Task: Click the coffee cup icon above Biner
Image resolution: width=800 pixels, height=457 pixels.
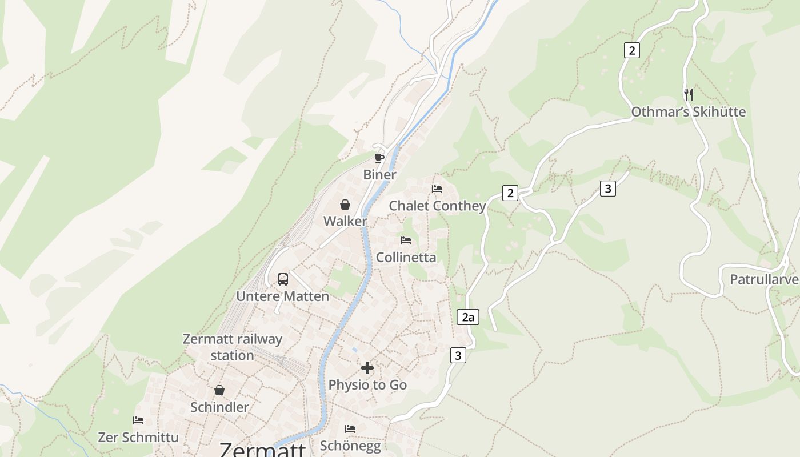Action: pyautogui.click(x=379, y=157)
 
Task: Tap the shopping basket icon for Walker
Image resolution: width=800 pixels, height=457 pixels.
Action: pyautogui.click(x=345, y=205)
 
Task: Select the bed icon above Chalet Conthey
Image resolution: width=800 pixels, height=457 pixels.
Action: pyautogui.click(x=437, y=189)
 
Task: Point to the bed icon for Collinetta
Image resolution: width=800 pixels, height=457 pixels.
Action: pyautogui.click(x=406, y=240)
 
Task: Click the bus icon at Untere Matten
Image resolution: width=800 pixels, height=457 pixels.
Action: pyautogui.click(x=283, y=279)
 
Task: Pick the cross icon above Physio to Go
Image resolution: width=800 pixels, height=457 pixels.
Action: pyautogui.click(x=367, y=368)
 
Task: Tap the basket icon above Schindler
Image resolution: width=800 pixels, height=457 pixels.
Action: pyautogui.click(x=219, y=390)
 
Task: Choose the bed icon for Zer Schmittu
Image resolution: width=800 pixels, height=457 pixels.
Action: pyautogui.click(x=138, y=420)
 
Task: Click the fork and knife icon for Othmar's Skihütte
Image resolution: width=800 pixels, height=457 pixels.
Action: pyautogui.click(x=689, y=94)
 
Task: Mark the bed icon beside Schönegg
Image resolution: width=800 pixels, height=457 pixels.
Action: pyautogui.click(x=350, y=428)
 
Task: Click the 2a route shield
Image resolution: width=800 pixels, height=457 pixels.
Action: pyautogui.click(x=468, y=317)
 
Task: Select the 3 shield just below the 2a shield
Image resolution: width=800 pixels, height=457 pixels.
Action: pyautogui.click(x=458, y=355)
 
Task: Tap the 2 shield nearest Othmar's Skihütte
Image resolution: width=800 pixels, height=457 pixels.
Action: pyautogui.click(x=631, y=50)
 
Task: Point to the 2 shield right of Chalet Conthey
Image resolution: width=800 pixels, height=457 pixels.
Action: pyautogui.click(x=510, y=193)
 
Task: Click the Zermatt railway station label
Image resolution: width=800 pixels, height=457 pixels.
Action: pyautogui.click(x=232, y=347)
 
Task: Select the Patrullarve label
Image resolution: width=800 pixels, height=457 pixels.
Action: pyautogui.click(x=764, y=280)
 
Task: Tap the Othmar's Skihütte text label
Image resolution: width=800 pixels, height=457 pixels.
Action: pyautogui.click(x=688, y=112)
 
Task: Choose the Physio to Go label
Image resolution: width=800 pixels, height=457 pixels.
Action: pyautogui.click(x=367, y=385)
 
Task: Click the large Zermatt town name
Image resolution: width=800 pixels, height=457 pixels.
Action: pyautogui.click(x=263, y=450)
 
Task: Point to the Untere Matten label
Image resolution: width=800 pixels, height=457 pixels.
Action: pyautogui.click(x=282, y=296)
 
